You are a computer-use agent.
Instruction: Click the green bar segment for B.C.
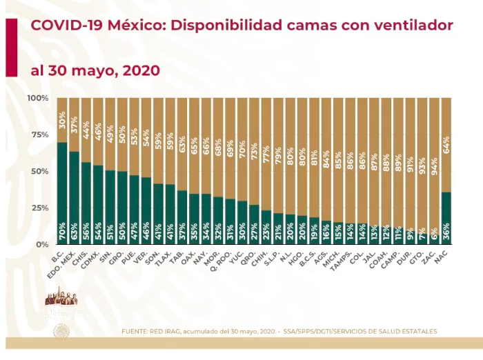click(62, 193)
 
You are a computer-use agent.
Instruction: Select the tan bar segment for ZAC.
click(434, 166)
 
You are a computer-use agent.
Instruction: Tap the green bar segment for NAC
click(446, 218)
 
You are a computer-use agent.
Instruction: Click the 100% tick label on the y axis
click(38, 98)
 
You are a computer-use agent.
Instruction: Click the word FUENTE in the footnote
click(135, 331)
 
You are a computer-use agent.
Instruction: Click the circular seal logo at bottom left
click(62, 332)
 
